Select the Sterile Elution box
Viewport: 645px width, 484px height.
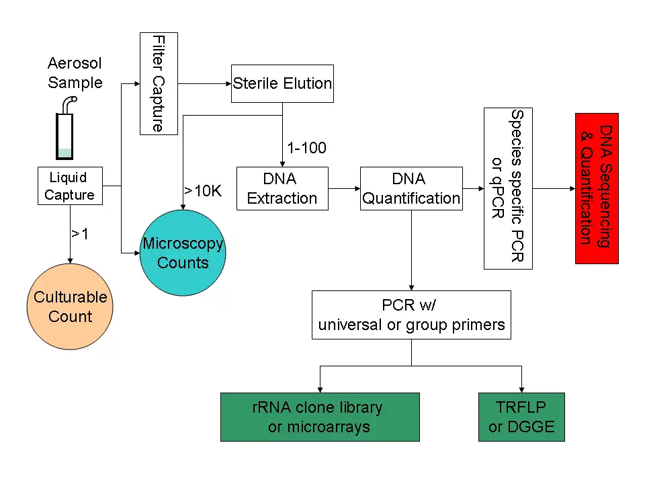coord(282,83)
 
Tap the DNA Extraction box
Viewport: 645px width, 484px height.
coord(282,189)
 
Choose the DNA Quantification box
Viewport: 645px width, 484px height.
coord(411,189)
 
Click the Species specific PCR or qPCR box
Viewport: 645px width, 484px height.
coord(508,188)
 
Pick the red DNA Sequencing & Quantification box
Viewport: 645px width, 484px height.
coord(597,188)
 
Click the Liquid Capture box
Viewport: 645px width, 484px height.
coord(69,186)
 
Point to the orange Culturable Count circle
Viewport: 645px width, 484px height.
coord(71,307)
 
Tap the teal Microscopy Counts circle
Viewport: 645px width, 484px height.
coord(183,253)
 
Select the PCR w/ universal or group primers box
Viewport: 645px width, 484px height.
coord(411,315)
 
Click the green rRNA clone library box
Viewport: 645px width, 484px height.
coord(320,417)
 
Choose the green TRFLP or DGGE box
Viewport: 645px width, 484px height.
coord(521,417)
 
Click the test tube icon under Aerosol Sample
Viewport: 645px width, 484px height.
coord(65,134)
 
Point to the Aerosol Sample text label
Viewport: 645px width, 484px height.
coord(75,73)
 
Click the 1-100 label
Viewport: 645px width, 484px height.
coord(306,148)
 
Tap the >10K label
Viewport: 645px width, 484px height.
coord(203,190)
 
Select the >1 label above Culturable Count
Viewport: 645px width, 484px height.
coord(79,233)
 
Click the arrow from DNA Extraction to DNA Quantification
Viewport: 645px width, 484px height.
coord(344,189)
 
